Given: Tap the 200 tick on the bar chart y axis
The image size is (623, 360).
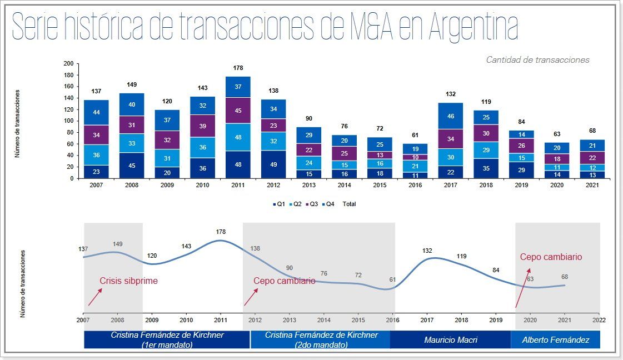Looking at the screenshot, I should point(68,63).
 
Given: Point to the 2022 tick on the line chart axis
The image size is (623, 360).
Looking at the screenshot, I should point(599,320).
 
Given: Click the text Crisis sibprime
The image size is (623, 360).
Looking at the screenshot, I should point(128,281).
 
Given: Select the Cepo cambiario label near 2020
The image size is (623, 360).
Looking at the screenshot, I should point(551,257).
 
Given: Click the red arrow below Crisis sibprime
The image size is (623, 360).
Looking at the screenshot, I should point(94,297).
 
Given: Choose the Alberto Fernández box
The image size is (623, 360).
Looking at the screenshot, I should point(555,339).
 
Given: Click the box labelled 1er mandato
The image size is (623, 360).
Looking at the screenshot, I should point(167,339).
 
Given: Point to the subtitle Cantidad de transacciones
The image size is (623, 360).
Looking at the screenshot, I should point(537,60).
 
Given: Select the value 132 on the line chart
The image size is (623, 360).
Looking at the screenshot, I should point(427,251).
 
